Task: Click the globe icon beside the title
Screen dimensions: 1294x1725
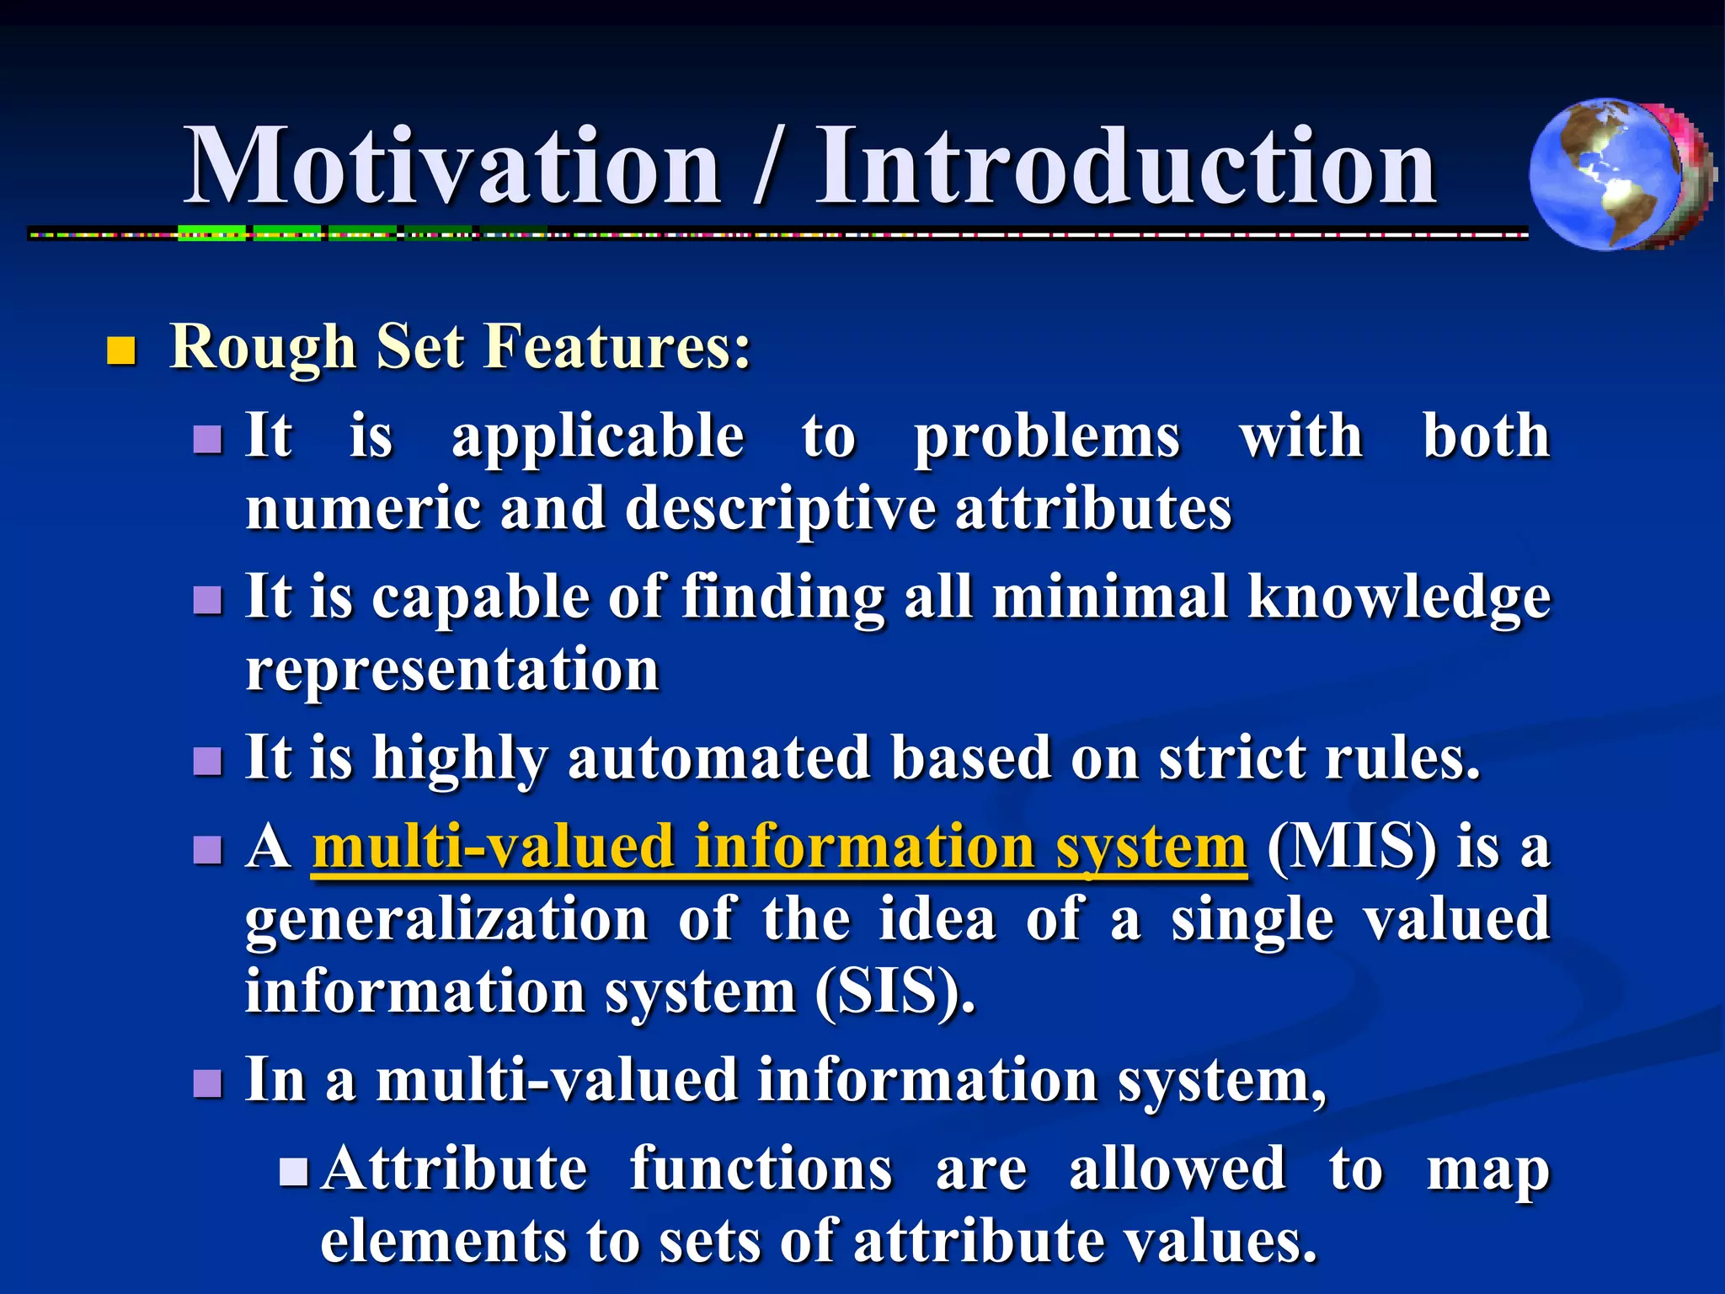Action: [1619, 174]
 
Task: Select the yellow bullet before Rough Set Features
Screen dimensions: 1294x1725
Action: [121, 350]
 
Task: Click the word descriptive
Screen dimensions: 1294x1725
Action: [779, 510]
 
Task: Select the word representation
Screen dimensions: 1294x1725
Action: [452, 671]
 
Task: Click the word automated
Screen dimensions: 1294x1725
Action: [718, 758]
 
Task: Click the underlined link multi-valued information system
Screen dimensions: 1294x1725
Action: [779, 847]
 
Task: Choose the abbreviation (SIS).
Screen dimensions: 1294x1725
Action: [895, 992]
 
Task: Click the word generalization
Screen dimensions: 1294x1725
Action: [446, 920]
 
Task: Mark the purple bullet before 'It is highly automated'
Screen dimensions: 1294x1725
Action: [207, 761]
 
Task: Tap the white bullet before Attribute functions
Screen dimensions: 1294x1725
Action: [294, 1171]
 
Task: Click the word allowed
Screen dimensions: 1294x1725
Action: [1177, 1169]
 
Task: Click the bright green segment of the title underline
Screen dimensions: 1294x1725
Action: [211, 233]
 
